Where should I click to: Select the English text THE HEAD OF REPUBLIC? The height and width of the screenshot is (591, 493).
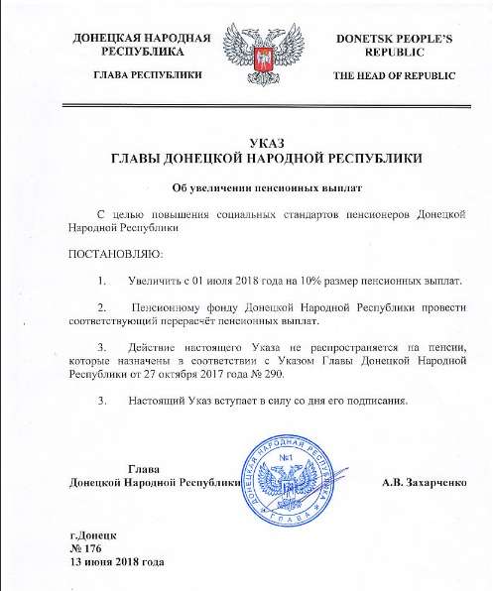[395, 77]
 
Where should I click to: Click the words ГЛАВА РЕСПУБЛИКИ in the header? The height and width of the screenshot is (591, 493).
[138, 77]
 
